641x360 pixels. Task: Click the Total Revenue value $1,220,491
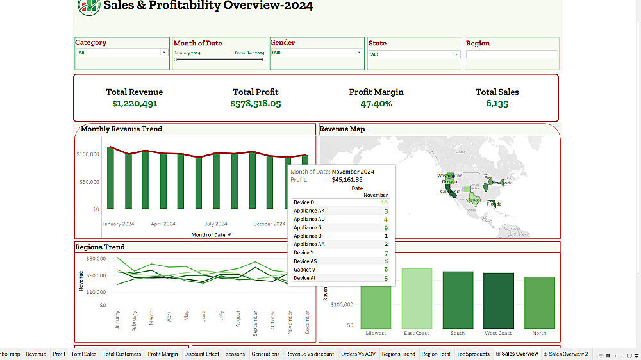tap(135, 104)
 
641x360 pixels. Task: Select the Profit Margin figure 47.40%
tap(376, 104)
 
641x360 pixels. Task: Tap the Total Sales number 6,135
tap(497, 104)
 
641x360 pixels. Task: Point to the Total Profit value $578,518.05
tap(256, 104)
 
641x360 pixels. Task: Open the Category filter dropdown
tap(122, 53)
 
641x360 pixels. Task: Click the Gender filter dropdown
tap(317, 53)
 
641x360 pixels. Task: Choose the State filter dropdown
tap(414, 54)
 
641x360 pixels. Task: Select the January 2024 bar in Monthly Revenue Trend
tap(110, 177)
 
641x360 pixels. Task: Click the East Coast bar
tap(417, 298)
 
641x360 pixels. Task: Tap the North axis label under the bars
tap(540, 333)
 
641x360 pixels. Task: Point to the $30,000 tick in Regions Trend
tap(96, 259)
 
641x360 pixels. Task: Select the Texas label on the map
tap(474, 199)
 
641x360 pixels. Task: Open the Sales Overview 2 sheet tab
tap(568, 354)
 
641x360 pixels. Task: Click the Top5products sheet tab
tap(473, 354)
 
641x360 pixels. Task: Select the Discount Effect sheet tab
tap(202, 354)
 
